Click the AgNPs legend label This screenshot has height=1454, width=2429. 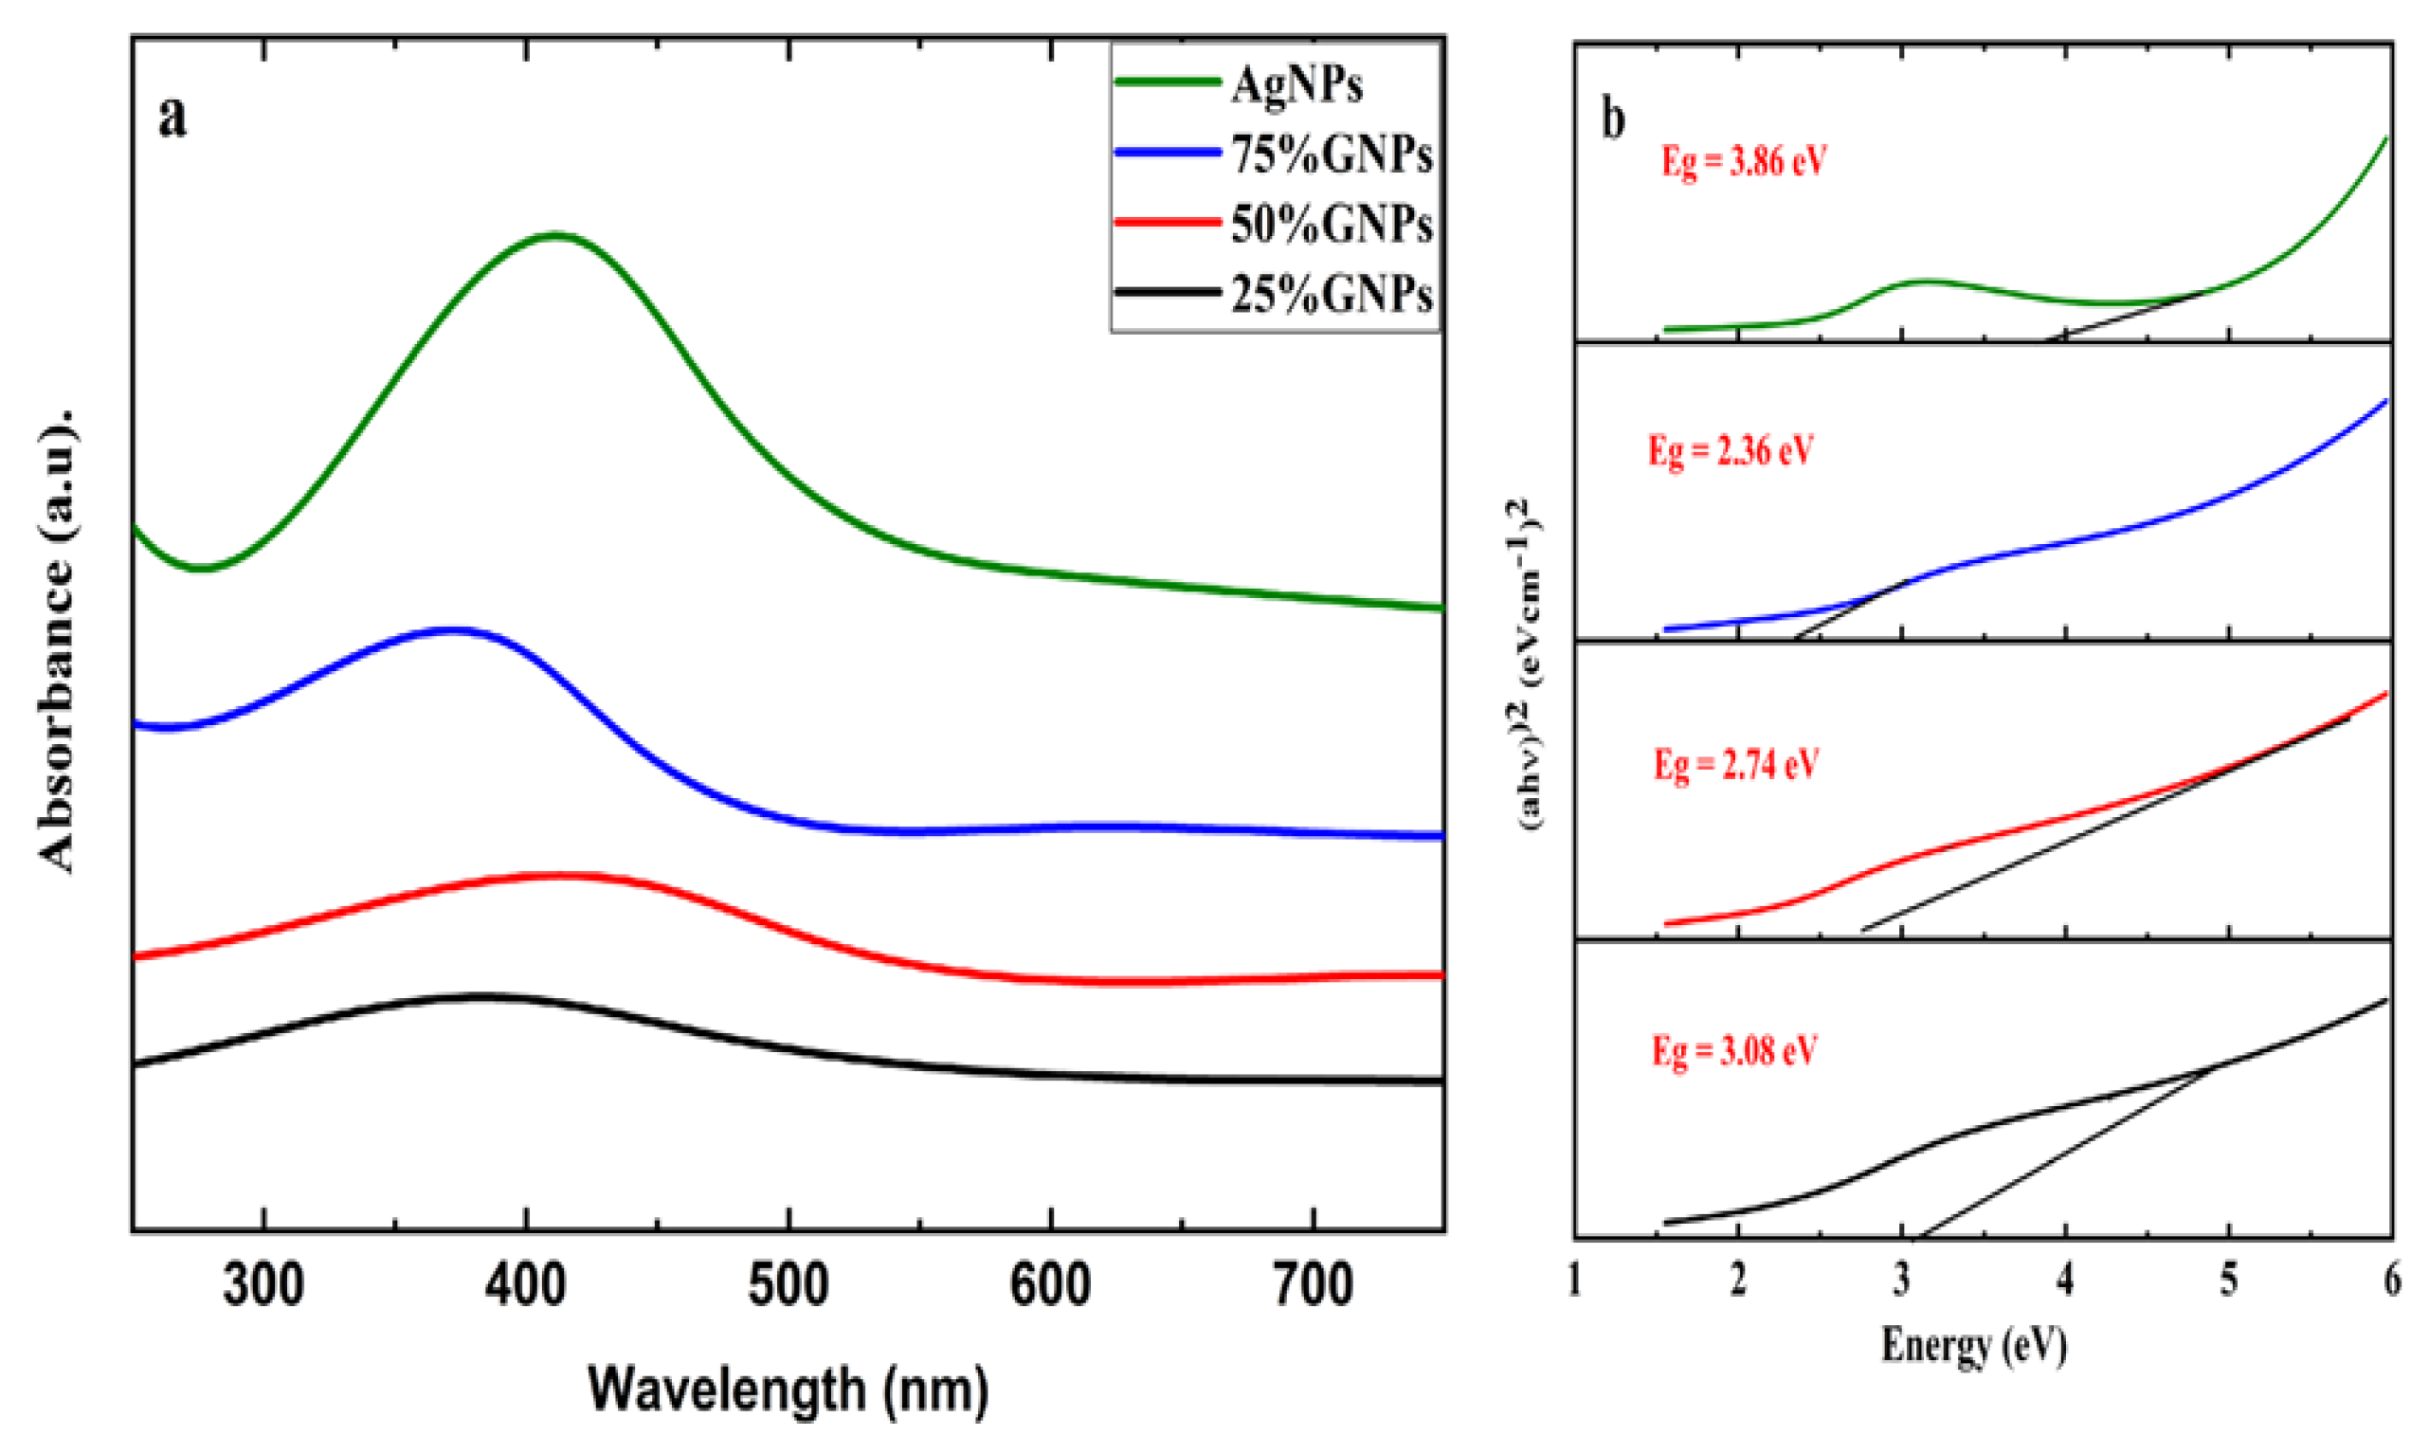(1296, 86)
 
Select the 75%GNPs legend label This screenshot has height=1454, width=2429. (1331, 155)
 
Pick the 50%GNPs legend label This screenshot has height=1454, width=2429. (1331, 226)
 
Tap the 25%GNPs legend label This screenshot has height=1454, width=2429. (1331, 294)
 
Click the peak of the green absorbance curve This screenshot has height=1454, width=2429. (555, 235)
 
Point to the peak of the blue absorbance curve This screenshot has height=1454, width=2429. (449, 630)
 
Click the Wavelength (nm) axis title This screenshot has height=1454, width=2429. (789, 1390)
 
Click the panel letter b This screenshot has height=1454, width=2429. (1613, 119)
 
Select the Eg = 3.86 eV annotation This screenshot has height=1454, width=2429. (1745, 162)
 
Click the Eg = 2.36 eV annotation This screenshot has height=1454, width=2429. (1731, 452)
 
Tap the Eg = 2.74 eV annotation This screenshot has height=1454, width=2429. (1736, 764)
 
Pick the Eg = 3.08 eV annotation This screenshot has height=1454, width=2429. (1734, 1051)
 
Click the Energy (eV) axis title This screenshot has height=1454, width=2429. (1973, 1345)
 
